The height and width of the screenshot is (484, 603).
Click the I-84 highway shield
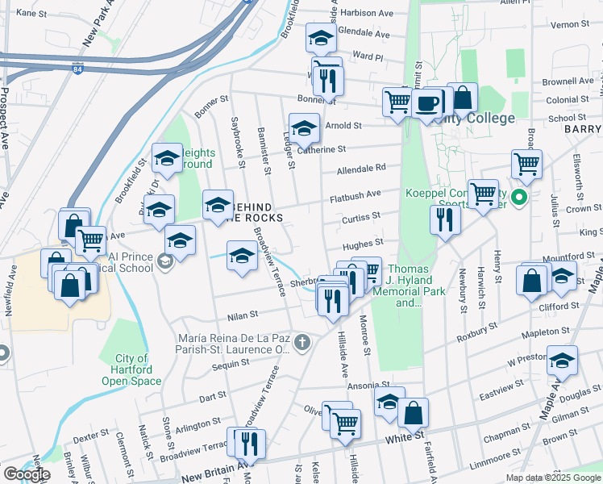(76, 69)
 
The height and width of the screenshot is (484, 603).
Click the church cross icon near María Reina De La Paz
(302, 343)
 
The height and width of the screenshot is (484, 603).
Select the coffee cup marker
(427, 102)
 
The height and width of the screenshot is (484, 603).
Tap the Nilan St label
(241, 315)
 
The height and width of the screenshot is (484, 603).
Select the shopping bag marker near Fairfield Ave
(413, 412)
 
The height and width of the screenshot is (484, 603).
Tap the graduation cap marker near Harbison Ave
(321, 37)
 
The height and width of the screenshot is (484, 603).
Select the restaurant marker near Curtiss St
(444, 219)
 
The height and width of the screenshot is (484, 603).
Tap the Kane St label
(31, 13)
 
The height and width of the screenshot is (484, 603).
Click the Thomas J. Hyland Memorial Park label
(417, 286)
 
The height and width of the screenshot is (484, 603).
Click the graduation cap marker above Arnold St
(304, 127)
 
